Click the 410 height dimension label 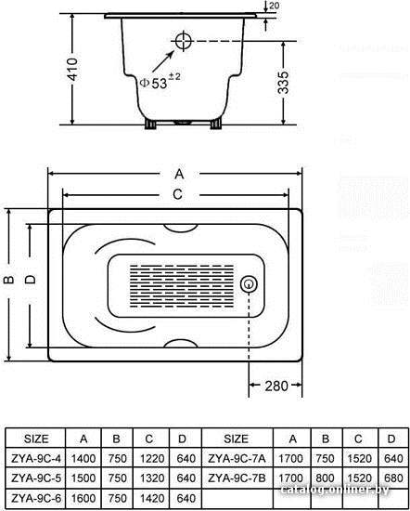[73, 69]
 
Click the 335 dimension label [284, 83]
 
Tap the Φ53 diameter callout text [160, 82]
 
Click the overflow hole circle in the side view [184, 41]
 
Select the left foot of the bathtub [150, 124]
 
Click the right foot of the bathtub [216, 124]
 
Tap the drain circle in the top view [249, 284]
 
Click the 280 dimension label [276, 386]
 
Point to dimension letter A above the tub [179, 174]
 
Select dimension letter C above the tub [177, 194]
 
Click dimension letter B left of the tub [9, 280]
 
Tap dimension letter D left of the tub [31, 280]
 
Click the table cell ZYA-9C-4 [36, 459]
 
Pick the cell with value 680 [393, 478]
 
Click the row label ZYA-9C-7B [237, 478]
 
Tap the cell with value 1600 [83, 498]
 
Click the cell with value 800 [325, 478]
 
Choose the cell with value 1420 [152, 498]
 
